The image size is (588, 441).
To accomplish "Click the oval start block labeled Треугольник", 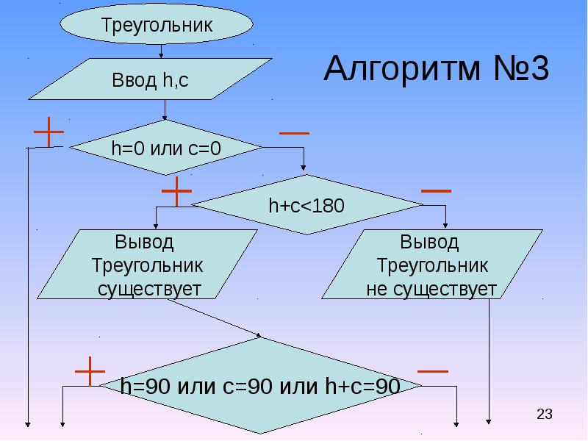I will pos(157,24).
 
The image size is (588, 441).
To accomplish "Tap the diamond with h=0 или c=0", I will pos(166,148).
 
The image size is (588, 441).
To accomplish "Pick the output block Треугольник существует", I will pos(147,265).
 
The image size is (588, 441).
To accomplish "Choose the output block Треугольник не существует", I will pos(431,265).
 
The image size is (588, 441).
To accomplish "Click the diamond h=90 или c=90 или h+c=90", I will pos(260,386).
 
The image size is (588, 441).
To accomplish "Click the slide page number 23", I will pos(544,415).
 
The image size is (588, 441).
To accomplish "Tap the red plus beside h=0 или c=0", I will pos(49,132).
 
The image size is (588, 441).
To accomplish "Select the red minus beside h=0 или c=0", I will pos(294,133).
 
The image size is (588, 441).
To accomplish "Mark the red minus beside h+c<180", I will pos(436,190).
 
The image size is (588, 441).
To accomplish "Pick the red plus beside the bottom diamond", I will pos(90,372).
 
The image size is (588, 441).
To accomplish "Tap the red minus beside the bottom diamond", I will pos(433,371).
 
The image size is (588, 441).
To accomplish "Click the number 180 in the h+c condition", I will pos(328,206).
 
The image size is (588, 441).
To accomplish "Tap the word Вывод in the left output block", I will pos(145,241).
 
